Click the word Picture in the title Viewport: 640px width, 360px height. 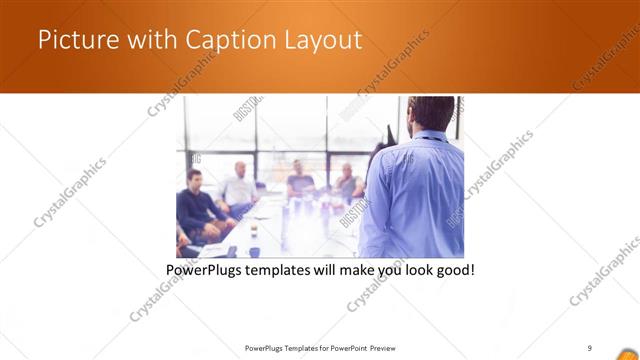[x=72, y=40]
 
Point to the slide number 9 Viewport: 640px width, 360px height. [x=590, y=348]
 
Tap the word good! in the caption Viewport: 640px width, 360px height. [x=453, y=271]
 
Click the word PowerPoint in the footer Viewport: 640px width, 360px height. [x=346, y=348]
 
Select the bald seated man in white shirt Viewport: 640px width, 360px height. [x=240, y=186]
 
